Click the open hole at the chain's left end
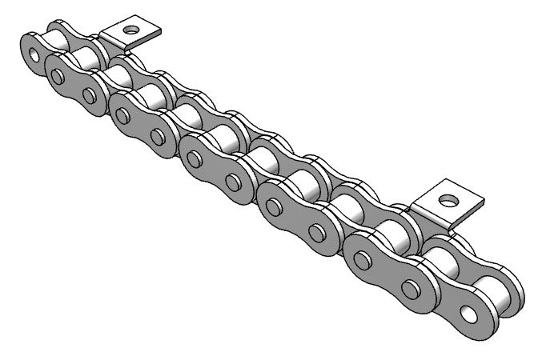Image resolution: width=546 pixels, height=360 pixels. point(34,57)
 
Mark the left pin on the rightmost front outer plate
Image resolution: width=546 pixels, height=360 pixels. point(362,261)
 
